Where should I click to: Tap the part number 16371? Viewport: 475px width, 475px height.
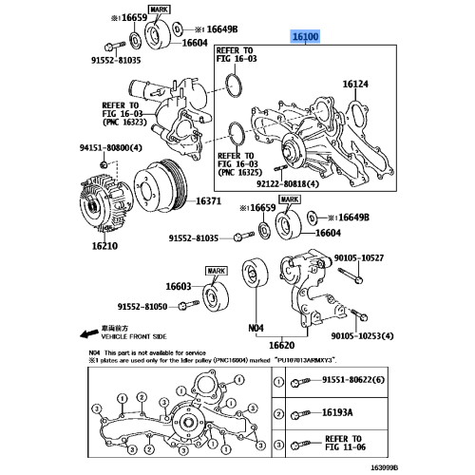pyautogui.click(x=209, y=202)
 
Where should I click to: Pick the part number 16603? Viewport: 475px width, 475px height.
pyautogui.click(x=178, y=286)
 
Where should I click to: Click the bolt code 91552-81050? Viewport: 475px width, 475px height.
pyautogui.click(x=142, y=307)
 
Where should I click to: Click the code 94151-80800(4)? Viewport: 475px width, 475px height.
pyautogui.click(x=111, y=148)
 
